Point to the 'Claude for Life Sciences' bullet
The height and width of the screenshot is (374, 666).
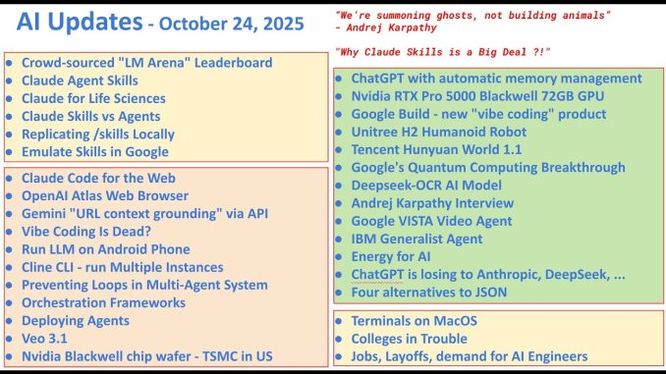point(92,98)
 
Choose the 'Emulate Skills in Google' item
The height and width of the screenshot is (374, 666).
point(94,151)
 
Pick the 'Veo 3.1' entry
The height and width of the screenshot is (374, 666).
point(43,339)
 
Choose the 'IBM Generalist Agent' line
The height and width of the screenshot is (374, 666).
point(416,239)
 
